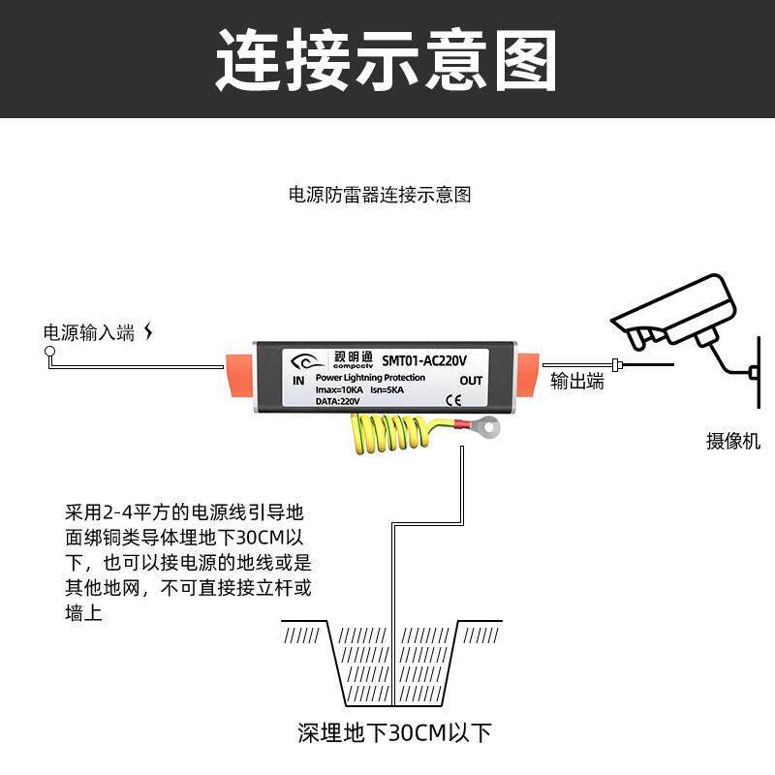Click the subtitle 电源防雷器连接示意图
pyautogui.click(x=380, y=195)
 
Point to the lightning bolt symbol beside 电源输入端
pyautogui.click(x=148, y=332)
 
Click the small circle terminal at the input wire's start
pyautogui.click(x=50, y=354)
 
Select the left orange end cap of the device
pyautogui.click(x=239, y=377)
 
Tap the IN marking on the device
pyautogui.click(x=298, y=381)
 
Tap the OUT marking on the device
pyautogui.click(x=471, y=381)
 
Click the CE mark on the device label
pyautogui.click(x=452, y=399)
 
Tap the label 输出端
pyautogui.click(x=577, y=382)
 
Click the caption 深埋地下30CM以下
pyautogui.click(x=394, y=732)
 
